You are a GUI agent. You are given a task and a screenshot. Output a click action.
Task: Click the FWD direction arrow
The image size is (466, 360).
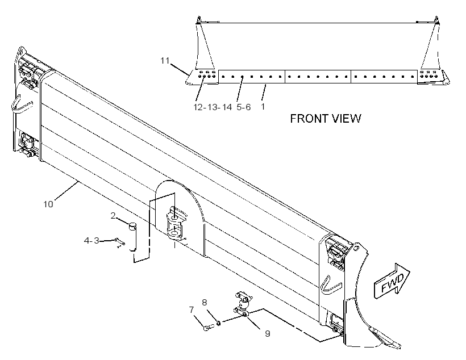point(392,281)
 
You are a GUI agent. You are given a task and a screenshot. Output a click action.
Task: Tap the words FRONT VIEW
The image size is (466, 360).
point(326,119)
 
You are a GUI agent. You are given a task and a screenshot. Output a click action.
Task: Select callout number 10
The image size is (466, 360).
point(48,204)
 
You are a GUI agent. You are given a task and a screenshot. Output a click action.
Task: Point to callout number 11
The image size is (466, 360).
point(165,61)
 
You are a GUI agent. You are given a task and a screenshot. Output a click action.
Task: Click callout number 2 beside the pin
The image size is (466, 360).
point(113,216)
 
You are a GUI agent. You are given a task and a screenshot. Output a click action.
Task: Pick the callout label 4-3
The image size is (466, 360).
point(91,241)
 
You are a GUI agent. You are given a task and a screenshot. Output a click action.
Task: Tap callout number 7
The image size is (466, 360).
point(192,310)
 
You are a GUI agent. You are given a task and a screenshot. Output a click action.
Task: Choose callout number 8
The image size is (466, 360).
point(204,303)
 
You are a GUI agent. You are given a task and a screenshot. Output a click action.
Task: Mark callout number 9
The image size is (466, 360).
point(268,333)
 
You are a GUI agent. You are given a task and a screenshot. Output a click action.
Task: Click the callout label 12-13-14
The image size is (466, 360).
point(213,107)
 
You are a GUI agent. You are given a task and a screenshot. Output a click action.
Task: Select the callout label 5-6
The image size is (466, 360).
point(244,107)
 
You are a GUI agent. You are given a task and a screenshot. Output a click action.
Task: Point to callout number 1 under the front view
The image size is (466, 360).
point(263,106)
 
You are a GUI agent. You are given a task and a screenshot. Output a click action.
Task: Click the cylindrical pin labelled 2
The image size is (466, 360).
point(132,237)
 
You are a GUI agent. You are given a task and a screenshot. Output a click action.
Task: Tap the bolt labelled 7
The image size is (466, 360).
point(208,328)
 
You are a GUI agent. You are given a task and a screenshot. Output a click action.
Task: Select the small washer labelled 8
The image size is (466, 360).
point(218,323)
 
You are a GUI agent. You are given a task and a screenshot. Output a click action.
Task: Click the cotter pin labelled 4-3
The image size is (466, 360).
point(120,242)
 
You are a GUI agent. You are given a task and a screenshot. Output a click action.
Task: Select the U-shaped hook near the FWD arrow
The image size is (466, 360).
point(329,286)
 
